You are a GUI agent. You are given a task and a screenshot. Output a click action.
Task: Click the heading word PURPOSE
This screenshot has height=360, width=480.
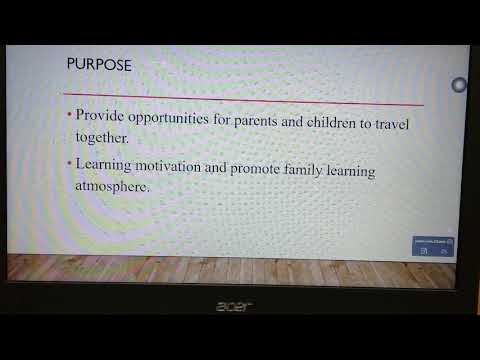pyautogui.click(x=98, y=65)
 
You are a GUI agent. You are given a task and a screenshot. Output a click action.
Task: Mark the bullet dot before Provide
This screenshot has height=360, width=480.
pyautogui.click(x=69, y=115)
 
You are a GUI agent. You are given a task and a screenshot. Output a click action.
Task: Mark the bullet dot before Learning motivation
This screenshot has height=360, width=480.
pyautogui.click(x=69, y=163)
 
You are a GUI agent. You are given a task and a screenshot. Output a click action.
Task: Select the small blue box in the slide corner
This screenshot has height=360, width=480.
pyautogui.click(x=433, y=245)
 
